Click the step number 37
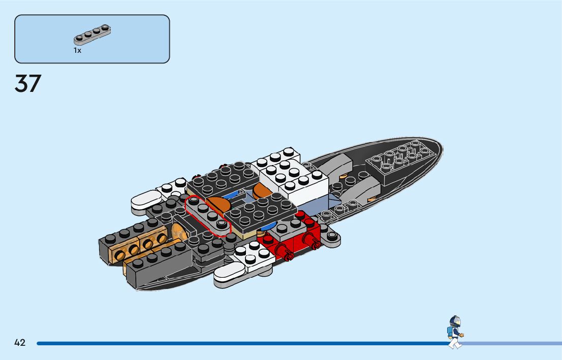(x=28, y=84)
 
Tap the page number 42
(x=20, y=343)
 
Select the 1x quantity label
(x=77, y=51)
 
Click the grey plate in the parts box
(x=92, y=34)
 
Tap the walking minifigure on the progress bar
(x=454, y=333)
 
